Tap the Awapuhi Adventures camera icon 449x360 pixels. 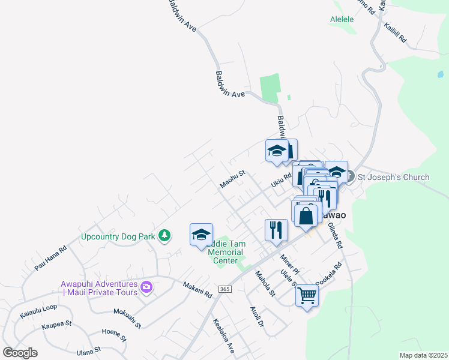(146, 288)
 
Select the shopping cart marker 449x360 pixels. (307, 296)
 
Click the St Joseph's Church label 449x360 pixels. (393, 177)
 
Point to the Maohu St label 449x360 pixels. (232, 179)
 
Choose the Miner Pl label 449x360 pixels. (289, 265)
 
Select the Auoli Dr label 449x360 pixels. (257, 317)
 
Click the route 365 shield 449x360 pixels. (224, 289)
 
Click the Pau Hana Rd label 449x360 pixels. (50, 257)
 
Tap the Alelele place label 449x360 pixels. (342, 19)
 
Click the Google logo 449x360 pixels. (20, 353)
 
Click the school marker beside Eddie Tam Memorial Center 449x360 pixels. (201, 235)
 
